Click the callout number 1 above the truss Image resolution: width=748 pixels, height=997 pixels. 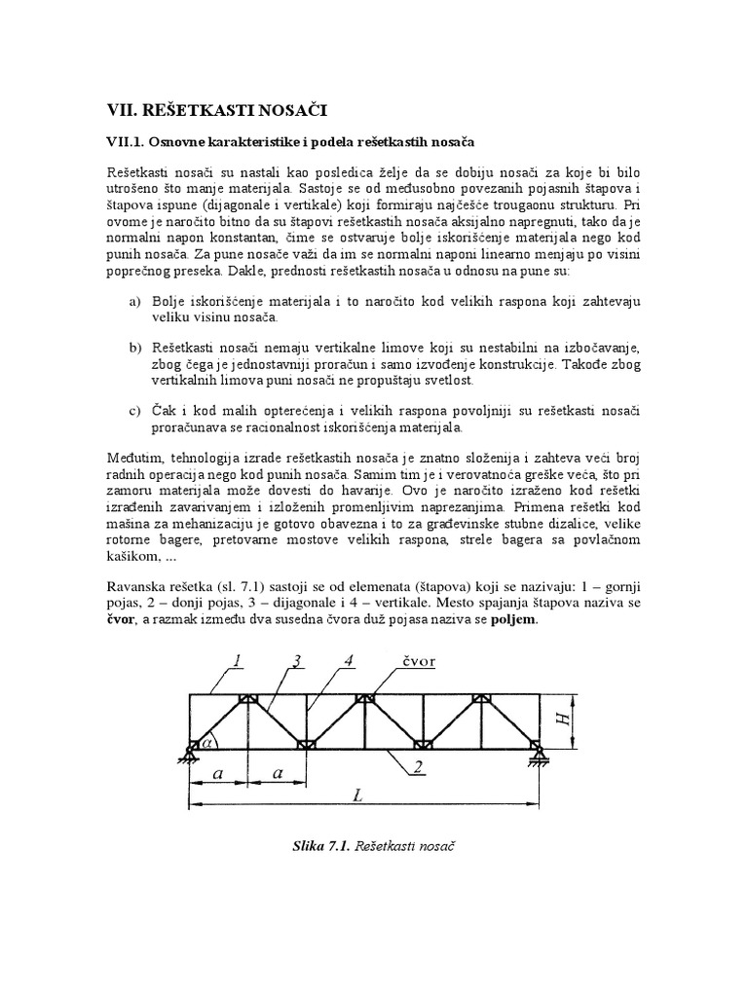pos(238,661)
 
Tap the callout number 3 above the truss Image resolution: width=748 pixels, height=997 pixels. pos(293,661)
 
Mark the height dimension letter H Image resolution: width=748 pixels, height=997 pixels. pos(561,718)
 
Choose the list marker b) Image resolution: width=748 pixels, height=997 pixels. pos(135,348)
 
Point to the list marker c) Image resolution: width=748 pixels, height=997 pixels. pos(135,410)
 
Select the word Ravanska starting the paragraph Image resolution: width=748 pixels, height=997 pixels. pos(138,588)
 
